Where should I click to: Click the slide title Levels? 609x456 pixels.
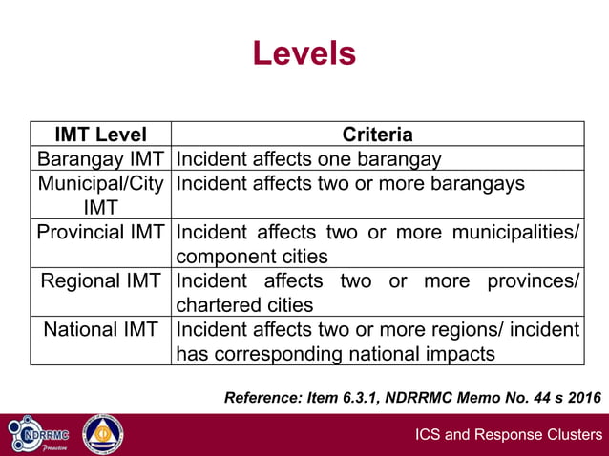(304, 53)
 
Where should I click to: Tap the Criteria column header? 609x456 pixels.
(377, 135)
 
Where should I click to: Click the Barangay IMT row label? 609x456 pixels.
(100, 158)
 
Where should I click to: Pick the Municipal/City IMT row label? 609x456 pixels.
(100, 195)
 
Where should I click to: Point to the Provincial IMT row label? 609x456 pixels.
(100, 232)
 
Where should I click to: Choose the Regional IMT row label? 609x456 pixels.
(100, 281)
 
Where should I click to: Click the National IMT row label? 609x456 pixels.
(100, 330)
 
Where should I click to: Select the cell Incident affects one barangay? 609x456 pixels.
(308, 158)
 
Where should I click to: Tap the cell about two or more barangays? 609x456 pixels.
(349, 183)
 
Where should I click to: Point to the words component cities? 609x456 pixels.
(252, 257)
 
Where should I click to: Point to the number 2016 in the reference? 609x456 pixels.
(581, 397)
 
